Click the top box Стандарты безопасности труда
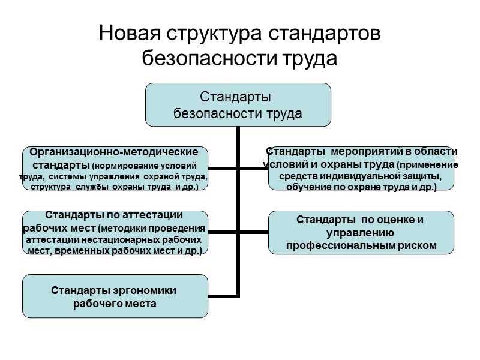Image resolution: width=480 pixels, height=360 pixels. point(238,104)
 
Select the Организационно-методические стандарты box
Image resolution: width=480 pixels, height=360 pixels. point(115,169)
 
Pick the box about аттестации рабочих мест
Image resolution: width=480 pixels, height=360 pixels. point(115,232)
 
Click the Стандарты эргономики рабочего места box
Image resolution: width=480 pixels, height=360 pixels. point(115,296)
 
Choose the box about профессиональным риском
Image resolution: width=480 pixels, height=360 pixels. point(361,232)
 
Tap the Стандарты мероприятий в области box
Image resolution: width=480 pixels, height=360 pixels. point(361,169)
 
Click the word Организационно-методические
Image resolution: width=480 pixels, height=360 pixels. point(115,152)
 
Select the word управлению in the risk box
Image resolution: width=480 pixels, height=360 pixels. point(361,233)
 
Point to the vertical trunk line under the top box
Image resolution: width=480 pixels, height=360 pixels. point(238,144)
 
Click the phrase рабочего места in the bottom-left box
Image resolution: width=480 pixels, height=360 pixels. point(115,304)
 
